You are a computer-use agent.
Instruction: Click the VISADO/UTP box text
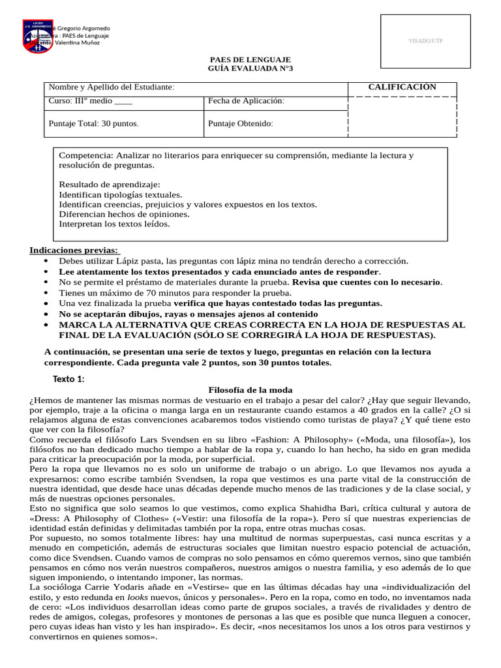425,41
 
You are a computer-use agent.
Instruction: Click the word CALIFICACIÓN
402,87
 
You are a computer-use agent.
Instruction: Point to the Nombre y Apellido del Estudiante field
112,87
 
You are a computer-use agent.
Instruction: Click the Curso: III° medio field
90,101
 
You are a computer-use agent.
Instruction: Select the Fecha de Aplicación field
246,101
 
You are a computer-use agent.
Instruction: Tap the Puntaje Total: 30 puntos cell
93,123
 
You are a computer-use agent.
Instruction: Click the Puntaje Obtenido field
240,123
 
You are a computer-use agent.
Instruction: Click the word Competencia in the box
85,156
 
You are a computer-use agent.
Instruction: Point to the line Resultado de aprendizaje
109,185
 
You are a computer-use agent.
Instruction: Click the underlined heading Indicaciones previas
74,250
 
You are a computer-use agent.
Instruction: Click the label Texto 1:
68,380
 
